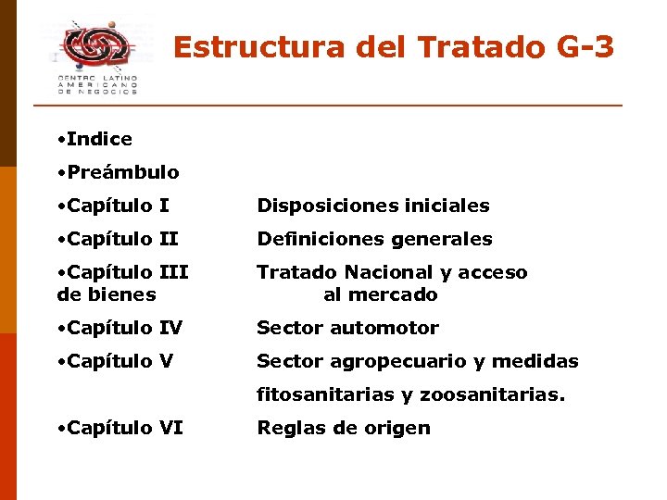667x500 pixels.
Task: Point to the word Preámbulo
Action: [123, 172]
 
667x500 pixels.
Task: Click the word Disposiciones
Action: [321, 206]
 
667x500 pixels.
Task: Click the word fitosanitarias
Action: [325, 394]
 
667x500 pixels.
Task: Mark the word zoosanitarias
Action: [492, 394]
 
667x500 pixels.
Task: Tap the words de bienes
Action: [106, 295]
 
